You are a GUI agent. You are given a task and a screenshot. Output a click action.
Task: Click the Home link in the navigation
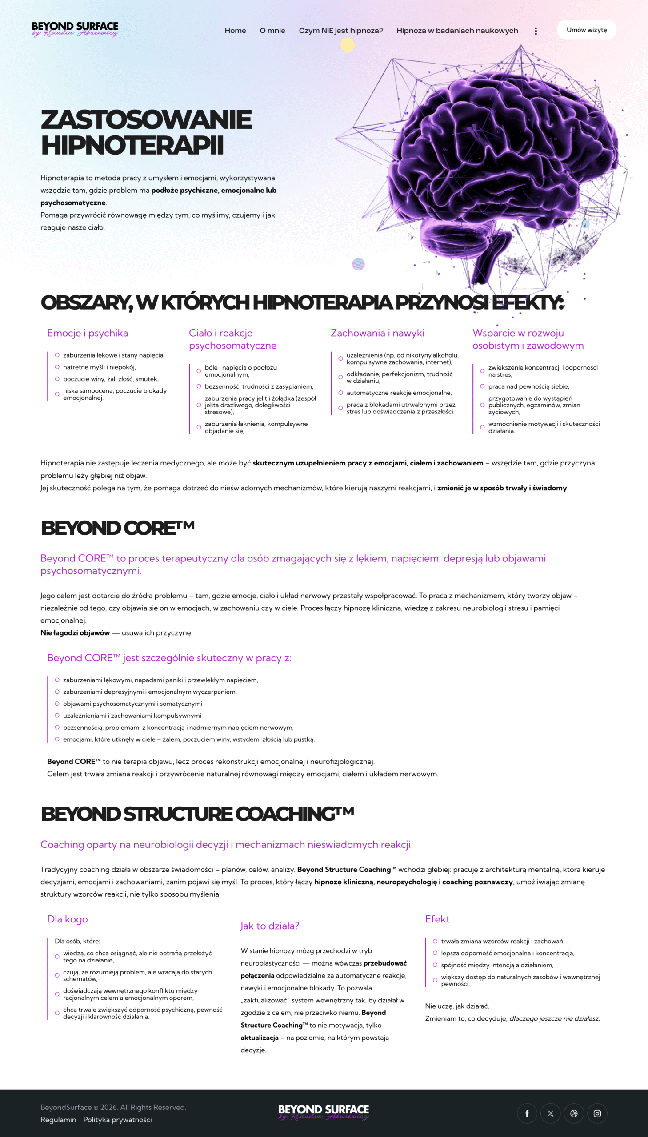click(235, 31)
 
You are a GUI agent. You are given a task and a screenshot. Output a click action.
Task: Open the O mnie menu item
click(272, 31)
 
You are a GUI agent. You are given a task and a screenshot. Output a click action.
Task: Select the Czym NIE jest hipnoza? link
click(340, 31)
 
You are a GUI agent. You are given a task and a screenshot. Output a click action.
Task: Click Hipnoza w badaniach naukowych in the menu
click(457, 31)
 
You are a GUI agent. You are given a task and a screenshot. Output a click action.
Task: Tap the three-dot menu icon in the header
click(536, 31)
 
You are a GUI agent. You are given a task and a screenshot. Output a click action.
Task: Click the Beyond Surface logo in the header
click(75, 29)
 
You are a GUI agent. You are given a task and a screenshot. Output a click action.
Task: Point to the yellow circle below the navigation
click(348, 44)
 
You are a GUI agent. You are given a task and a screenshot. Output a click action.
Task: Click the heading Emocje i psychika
click(87, 333)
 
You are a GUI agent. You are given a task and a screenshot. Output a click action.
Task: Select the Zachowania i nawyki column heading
click(377, 333)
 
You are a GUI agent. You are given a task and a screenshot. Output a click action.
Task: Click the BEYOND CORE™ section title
click(117, 528)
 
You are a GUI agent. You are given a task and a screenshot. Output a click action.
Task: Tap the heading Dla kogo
click(67, 919)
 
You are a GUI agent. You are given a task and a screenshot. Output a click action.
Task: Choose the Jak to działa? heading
click(270, 926)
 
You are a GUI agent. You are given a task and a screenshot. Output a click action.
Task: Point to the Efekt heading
click(437, 919)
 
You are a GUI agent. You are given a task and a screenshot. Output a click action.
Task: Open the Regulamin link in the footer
click(58, 1120)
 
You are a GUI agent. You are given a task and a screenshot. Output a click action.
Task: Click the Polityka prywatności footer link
click(117, 1120)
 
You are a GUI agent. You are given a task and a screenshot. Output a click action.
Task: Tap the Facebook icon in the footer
click(527, 1113)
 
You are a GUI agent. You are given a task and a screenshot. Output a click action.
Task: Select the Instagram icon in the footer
click(597, 1113)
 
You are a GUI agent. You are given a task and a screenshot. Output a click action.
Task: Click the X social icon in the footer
click(551, 1113)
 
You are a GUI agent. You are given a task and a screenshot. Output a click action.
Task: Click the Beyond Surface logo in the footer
click(324, 1112)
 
